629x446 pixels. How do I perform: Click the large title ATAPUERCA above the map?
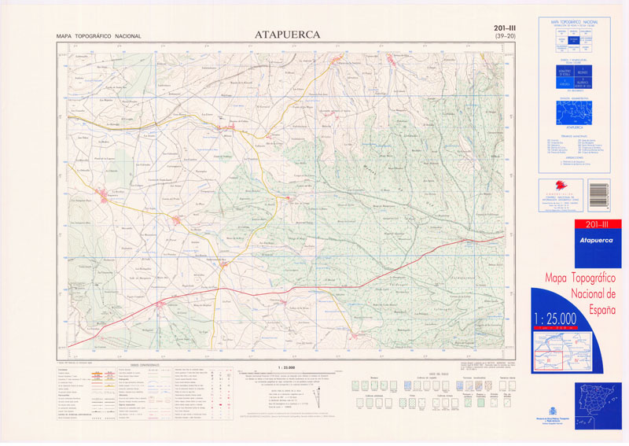(287, 34)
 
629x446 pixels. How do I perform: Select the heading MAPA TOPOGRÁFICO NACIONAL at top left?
(98, 36)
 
